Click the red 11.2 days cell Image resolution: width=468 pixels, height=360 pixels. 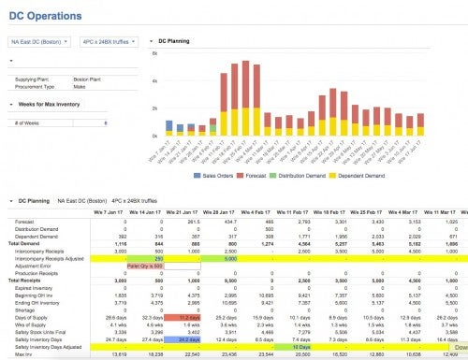pyautogui.click(x=188, y=318)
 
